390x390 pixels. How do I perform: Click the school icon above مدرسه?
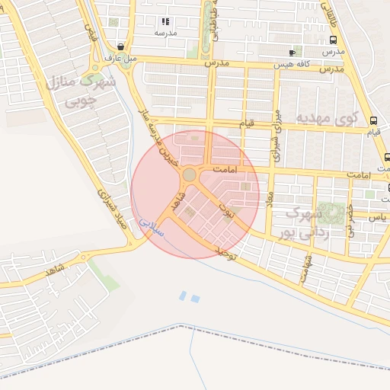(x=166, y=22)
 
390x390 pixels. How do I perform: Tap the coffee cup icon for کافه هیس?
(x=292, y=53)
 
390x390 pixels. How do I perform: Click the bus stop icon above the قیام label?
(x=373, y=120)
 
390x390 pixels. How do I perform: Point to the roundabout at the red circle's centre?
(x=190, y=176)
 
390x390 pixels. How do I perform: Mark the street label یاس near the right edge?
(x=374, y=217)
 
